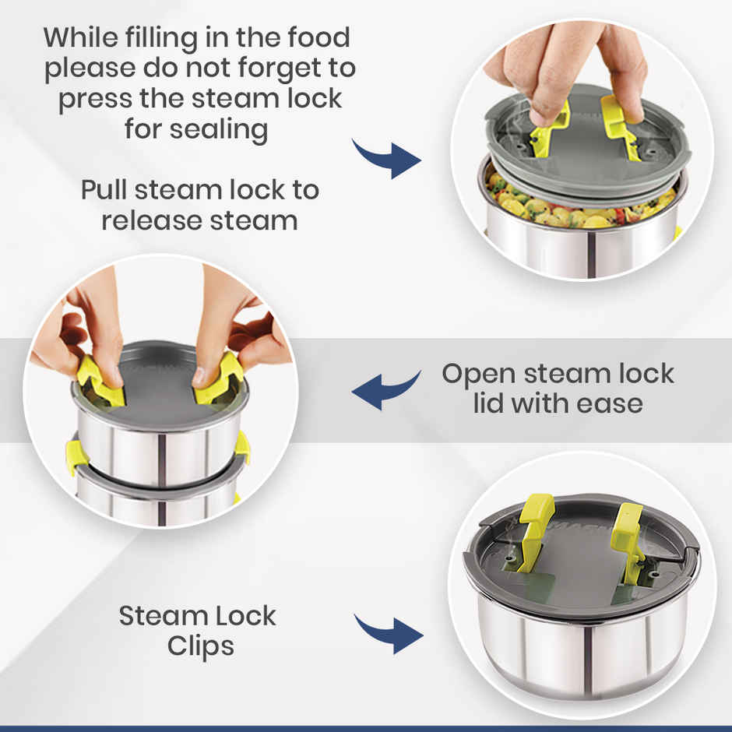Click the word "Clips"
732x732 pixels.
pos(201,647)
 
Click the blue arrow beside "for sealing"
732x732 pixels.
pos(386,158)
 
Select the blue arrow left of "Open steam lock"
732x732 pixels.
pos(386,390)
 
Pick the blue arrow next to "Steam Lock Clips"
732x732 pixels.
pos(389,634)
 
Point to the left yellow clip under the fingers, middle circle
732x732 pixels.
pos(100,381)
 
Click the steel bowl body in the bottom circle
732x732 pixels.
pos(581,653)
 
